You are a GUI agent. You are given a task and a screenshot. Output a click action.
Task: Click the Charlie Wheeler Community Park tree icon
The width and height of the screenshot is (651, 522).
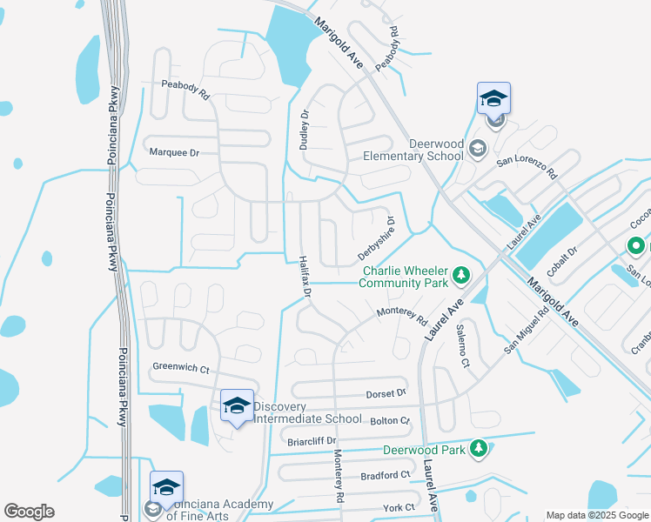461,278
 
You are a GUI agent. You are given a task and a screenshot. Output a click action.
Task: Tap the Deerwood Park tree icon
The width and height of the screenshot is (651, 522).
478,449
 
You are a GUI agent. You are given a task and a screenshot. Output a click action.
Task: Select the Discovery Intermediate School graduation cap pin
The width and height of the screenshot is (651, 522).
237,406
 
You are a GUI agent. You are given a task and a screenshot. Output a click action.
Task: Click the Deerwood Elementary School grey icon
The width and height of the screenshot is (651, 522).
477,150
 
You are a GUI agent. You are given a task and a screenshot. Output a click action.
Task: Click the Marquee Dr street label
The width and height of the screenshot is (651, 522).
175,151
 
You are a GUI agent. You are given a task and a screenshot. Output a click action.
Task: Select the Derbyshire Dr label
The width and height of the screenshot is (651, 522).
376,238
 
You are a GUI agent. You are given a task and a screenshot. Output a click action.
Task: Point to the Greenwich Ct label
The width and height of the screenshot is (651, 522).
180,369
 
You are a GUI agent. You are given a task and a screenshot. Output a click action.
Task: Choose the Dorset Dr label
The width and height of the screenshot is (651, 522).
386,392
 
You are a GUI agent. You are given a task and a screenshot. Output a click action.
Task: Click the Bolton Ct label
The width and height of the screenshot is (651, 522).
389,420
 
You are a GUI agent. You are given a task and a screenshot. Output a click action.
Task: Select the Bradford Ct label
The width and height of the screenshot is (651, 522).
385,475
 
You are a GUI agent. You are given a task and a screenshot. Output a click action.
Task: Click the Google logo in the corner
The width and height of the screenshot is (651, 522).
29,512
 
